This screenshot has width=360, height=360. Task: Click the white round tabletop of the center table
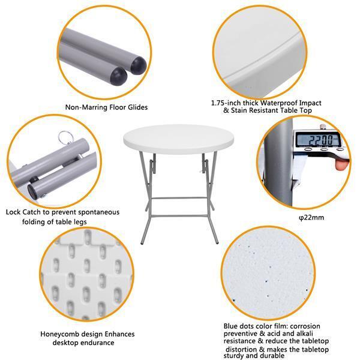coord(178,139)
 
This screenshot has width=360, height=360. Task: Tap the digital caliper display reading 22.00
coord(317,139)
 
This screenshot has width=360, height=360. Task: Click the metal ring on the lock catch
coord(64,137)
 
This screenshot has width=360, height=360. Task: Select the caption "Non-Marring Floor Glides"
coord(106,107)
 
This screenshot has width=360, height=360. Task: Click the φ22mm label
coord(311,217)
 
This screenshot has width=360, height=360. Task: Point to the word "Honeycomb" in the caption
coord(59,334)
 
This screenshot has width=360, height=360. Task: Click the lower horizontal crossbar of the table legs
coord(178,216)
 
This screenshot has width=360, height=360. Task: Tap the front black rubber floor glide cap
coord(118,76)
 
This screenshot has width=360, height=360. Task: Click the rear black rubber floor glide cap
coord(139,65)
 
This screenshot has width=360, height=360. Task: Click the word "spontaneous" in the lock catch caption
coord(99,212)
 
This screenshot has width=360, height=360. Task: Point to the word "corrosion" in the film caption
coord(305,326)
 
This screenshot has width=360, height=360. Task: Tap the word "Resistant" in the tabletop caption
coord(266,110)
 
